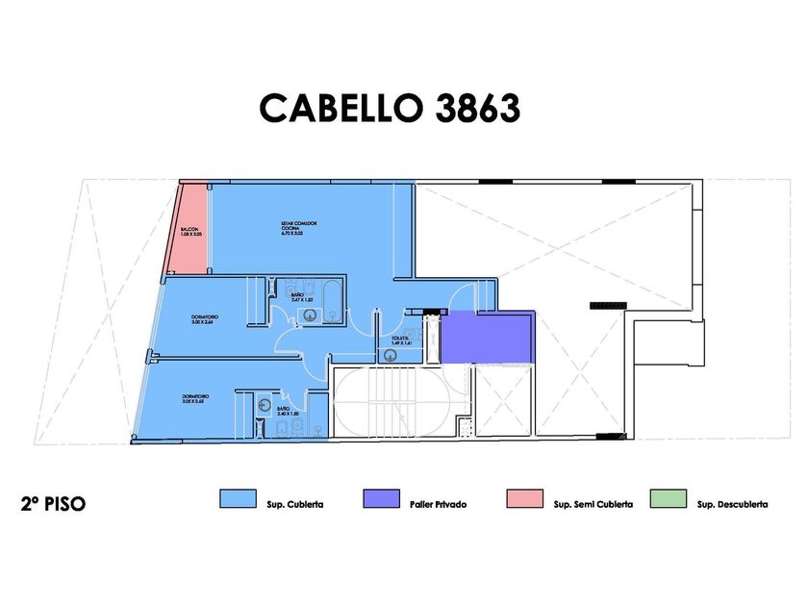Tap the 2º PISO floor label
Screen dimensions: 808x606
tap(52, 503)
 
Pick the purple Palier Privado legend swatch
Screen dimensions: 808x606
tap(381, 498)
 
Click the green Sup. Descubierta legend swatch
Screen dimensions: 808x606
tap(669, 498)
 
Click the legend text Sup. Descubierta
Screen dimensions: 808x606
tap(733, 504)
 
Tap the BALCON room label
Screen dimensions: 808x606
tap(190, 231)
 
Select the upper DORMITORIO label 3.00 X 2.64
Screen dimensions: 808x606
tap(202, 319)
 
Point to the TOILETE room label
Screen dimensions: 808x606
tap(401, 341)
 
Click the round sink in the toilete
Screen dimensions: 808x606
tap(389, 354)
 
